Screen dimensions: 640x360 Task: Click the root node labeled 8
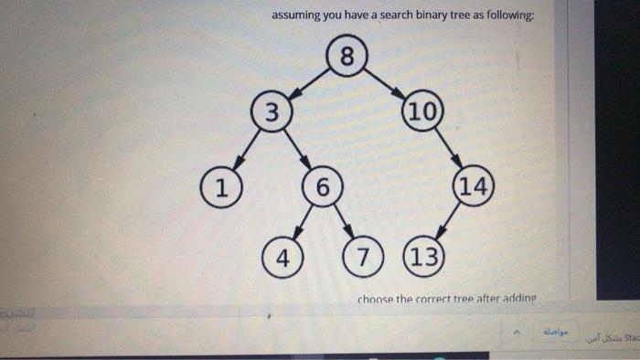point(347,57)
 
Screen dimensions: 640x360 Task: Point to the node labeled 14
point(473,187)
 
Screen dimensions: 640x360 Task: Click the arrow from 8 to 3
point(309,83)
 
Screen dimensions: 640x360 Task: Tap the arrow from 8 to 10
point(384,83)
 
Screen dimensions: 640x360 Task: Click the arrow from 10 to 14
point(447,150)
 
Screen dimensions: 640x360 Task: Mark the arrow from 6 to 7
point(343,221)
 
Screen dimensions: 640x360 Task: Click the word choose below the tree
point(376,299)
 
